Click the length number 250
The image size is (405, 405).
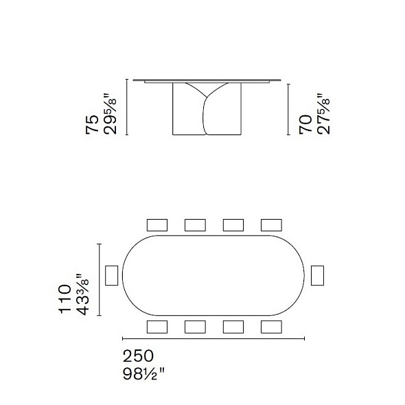point(138,356)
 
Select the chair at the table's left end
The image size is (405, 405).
point(111,275)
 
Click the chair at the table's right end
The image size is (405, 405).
point(317,275)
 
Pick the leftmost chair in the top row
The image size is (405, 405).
point(157,224)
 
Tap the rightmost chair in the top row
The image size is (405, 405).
point(271,224)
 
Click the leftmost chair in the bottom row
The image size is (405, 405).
point(157,326)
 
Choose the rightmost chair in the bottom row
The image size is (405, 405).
point(271,326)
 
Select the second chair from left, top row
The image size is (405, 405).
point(196,224)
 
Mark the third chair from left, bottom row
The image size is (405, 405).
point(233,326)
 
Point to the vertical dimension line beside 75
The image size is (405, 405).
point(126,108)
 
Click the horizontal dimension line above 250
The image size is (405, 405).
point(213,338)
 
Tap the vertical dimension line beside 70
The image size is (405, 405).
point(289,110)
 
